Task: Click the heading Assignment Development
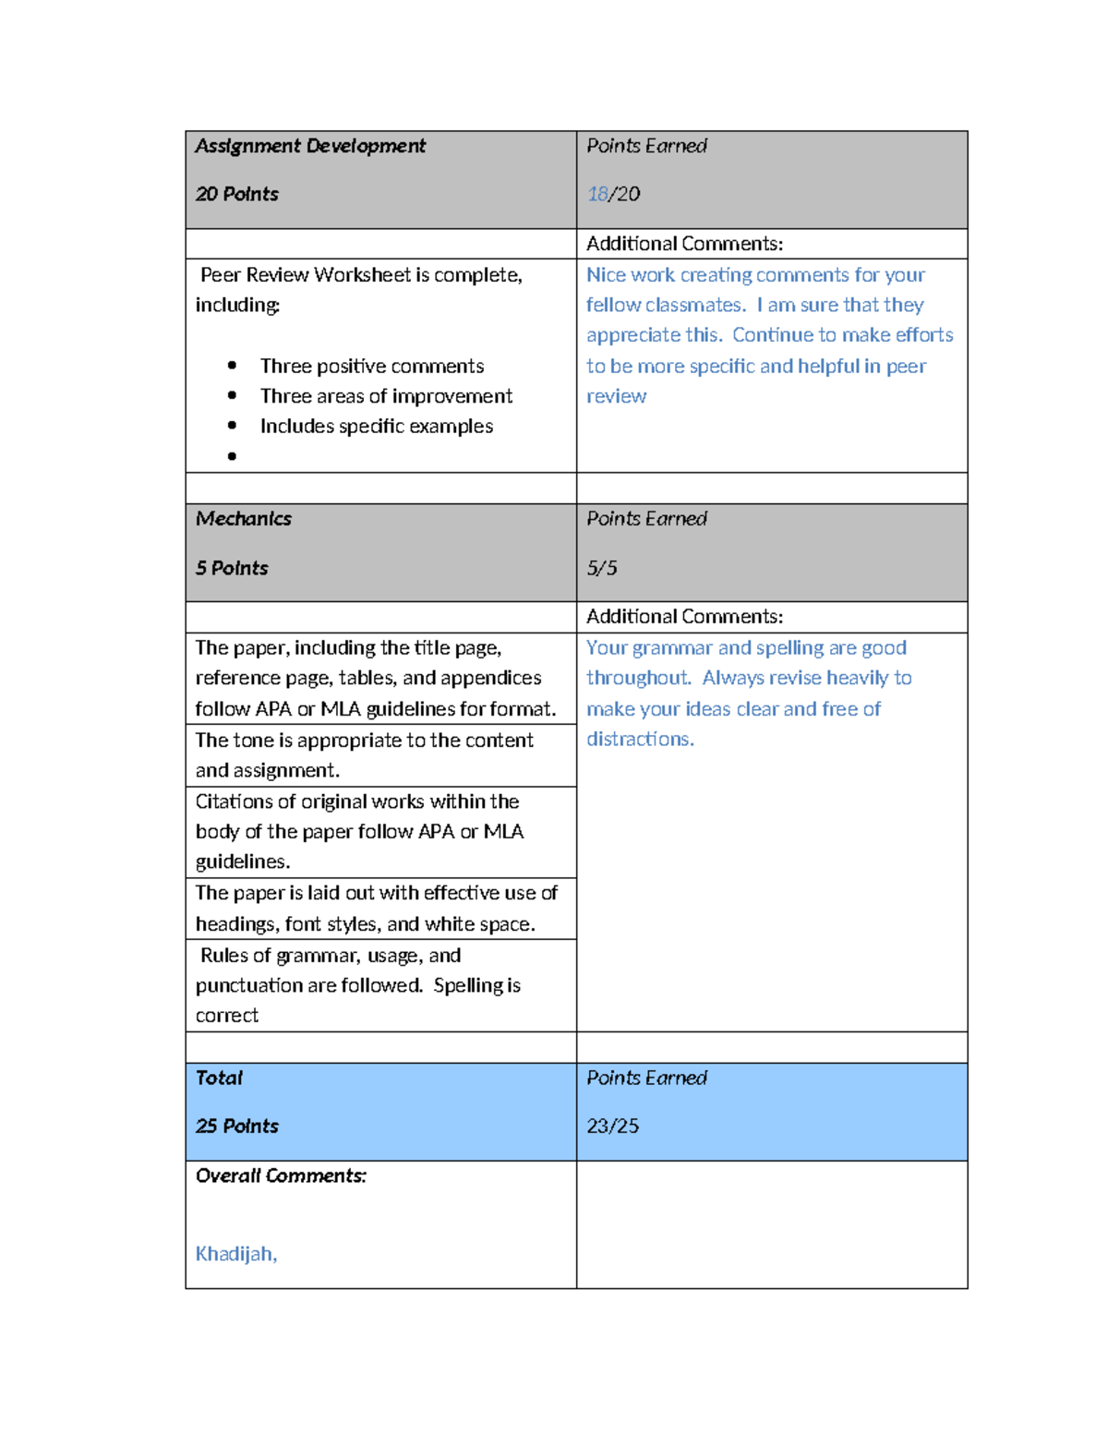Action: pyautogui.click(x=310, y=146)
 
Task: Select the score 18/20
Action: pyautogui.click(x=613, y=194)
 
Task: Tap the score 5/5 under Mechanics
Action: pyautogui.click(x=602, y=568)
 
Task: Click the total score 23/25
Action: pyautogui.click(x=613, y=1126)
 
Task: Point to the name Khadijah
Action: pyautogui.click(x=235, y=1253)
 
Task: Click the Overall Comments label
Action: pyautogui.click(x=281, y=1175)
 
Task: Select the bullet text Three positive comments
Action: pyautogui.click(x=372, y=366)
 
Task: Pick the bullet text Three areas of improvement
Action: pyautogui.click(x=386, y=396)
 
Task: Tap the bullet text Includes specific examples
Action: pyautogui.click(x=377, y=426)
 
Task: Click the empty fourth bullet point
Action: pyautogui.click(x=232, y=456)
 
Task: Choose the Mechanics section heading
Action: pyautogui.click(x=244, y=519)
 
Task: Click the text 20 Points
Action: pyautogui.click(x=237, y=194)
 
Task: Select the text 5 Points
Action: pyautogui.click(x=232, y=568)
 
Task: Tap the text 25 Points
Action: pyautogui.click(x=237, y=1126)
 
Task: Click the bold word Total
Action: pyautogui.click(x=219, y=1078)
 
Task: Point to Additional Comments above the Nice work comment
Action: pyautogui.click(x=684, y=244)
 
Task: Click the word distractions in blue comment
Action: pyautogui.click(x=639, y=739)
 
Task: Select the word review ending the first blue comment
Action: pyautogui.click(x=616, y=396)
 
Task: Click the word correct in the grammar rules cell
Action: pyautogui.click(x=227, y=1015)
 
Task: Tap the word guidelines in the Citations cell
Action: pyautogui.click(x=242, y=862)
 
